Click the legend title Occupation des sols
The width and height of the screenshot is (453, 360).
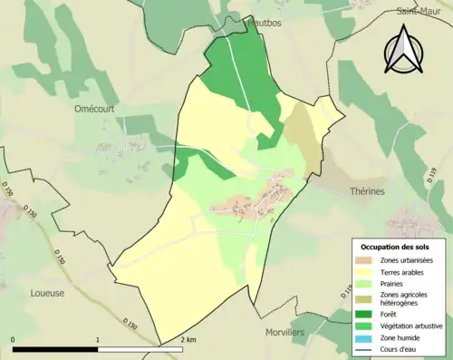398,247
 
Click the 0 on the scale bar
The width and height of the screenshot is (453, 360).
13,340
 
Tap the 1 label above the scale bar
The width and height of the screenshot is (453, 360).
97,340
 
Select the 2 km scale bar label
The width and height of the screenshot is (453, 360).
188,340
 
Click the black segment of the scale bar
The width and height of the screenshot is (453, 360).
54,349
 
